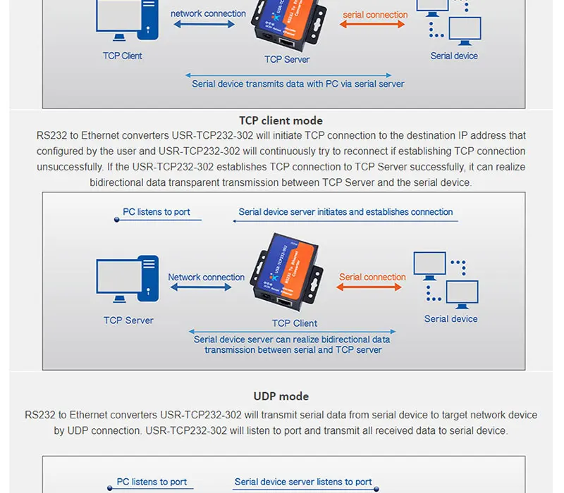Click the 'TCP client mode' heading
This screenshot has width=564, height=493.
[281, 120]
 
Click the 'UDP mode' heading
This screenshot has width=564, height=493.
[281, 397]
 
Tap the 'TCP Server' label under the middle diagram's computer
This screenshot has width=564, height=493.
[128, 320]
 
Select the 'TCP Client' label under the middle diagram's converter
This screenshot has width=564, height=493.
[295, 323]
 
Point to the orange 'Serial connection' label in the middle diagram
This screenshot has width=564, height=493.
[372, 277]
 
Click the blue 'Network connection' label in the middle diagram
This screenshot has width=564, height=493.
[206, 277]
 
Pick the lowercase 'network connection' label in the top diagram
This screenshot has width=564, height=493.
[208, 13]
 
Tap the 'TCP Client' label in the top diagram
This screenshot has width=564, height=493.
[122, 56]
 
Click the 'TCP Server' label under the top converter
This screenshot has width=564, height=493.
[287, 59]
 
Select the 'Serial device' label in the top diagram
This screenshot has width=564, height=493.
[454, 56]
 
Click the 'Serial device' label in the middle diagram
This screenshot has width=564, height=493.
[450, 319]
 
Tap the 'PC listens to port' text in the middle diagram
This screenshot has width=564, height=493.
[157, 211]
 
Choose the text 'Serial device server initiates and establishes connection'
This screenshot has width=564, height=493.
[345, 211]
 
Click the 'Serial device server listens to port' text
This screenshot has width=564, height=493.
[303, 482]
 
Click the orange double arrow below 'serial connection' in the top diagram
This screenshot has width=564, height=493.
[373, 25]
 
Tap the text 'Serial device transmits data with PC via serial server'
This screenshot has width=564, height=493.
[298, 84]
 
